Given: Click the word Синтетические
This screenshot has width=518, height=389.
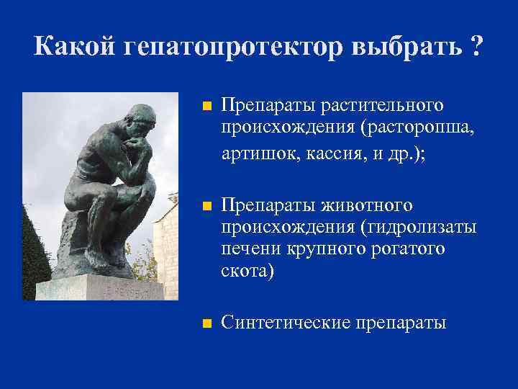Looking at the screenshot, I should click(285, 322).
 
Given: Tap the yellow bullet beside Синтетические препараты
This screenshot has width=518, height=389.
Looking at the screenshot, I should click(206, 323).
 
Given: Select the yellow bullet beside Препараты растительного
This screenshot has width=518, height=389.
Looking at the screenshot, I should click(206, 107).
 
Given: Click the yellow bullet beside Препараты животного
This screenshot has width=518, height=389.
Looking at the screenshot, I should click(206, 207).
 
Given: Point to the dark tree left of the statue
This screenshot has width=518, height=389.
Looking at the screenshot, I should click(35, 252).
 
